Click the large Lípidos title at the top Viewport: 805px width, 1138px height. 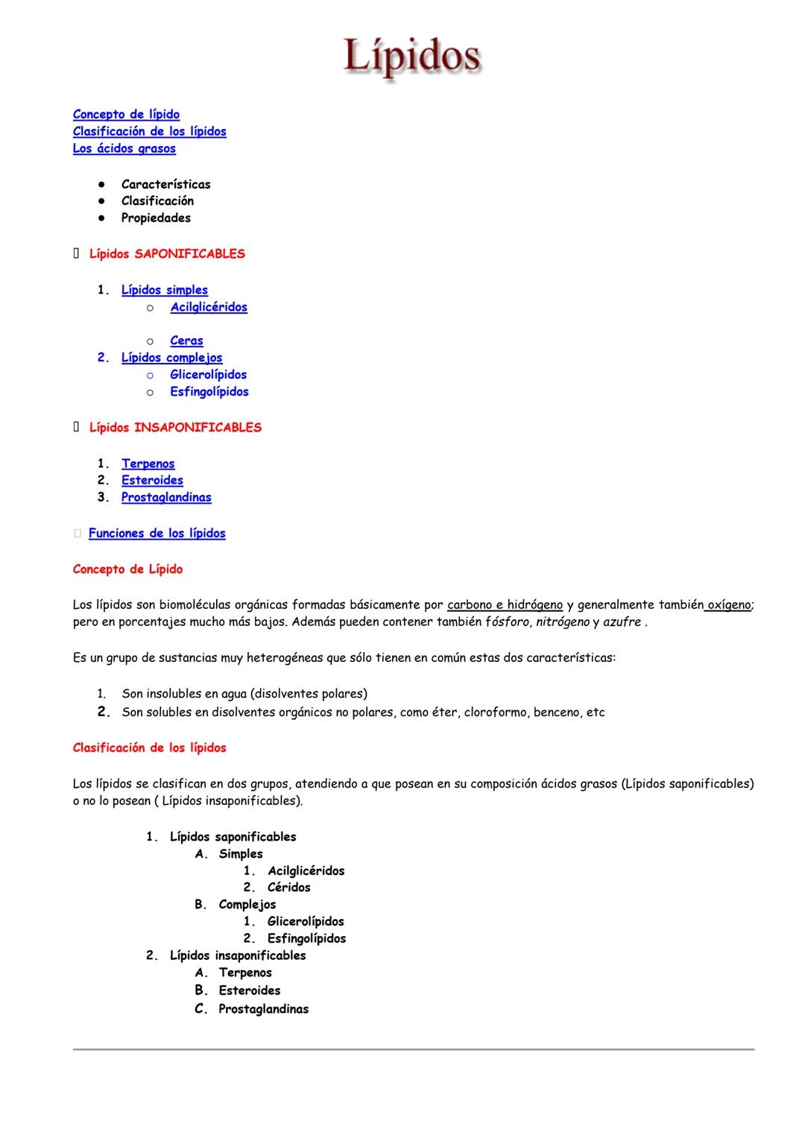[412, 57]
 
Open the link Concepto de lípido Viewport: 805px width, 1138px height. [126, 114]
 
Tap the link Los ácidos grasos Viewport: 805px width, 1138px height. [124, 148]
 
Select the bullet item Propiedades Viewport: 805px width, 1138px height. [156, 218]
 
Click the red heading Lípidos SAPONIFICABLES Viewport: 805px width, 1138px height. [167, 254]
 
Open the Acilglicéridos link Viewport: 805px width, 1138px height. [209, 307]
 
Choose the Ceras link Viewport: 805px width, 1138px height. [186, 341]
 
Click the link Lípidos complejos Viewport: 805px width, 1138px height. [171, 358]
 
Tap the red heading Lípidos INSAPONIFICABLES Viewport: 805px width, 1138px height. [175, 428]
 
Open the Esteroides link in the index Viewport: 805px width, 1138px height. [152, 481]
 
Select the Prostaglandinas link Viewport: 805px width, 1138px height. [166, 498]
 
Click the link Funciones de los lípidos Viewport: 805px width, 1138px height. [157, 534]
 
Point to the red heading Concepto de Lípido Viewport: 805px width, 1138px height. [127, 569]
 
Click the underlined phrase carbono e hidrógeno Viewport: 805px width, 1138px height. [505, 605]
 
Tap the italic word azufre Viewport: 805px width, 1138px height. [622, 622]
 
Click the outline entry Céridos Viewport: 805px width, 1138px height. [288, 888]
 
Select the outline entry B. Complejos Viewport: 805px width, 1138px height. [247, 905]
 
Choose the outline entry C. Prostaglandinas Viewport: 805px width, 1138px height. [263, 1009]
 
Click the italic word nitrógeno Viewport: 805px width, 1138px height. [563, 622]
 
